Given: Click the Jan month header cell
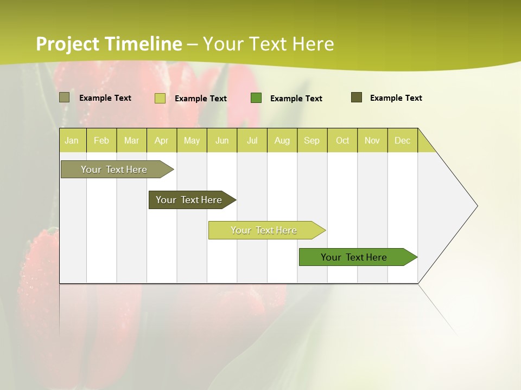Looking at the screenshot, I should pos(72,140).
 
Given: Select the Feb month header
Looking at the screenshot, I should pos(101,140).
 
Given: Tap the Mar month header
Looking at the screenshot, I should pos(131,140).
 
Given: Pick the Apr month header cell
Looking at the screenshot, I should pos(162,140).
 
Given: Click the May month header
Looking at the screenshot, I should pos(192,140).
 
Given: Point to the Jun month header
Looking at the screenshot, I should pos(222,140).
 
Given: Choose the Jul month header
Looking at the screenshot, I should pos(252,140).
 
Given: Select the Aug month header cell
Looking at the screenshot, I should pos(282,140).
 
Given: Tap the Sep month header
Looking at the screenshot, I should pos(312,140).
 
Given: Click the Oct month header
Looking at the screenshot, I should pos(342,140).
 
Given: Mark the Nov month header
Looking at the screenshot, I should pos(372,140).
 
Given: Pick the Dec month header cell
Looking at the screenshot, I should pos(403,140).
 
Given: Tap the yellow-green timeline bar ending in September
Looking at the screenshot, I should pos(264,230).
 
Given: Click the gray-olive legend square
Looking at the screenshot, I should pos(65,97).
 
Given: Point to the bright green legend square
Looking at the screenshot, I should pos(256,98).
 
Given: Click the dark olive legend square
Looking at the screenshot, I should pos(357,97).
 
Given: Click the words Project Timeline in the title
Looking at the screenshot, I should pos(109,44).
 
